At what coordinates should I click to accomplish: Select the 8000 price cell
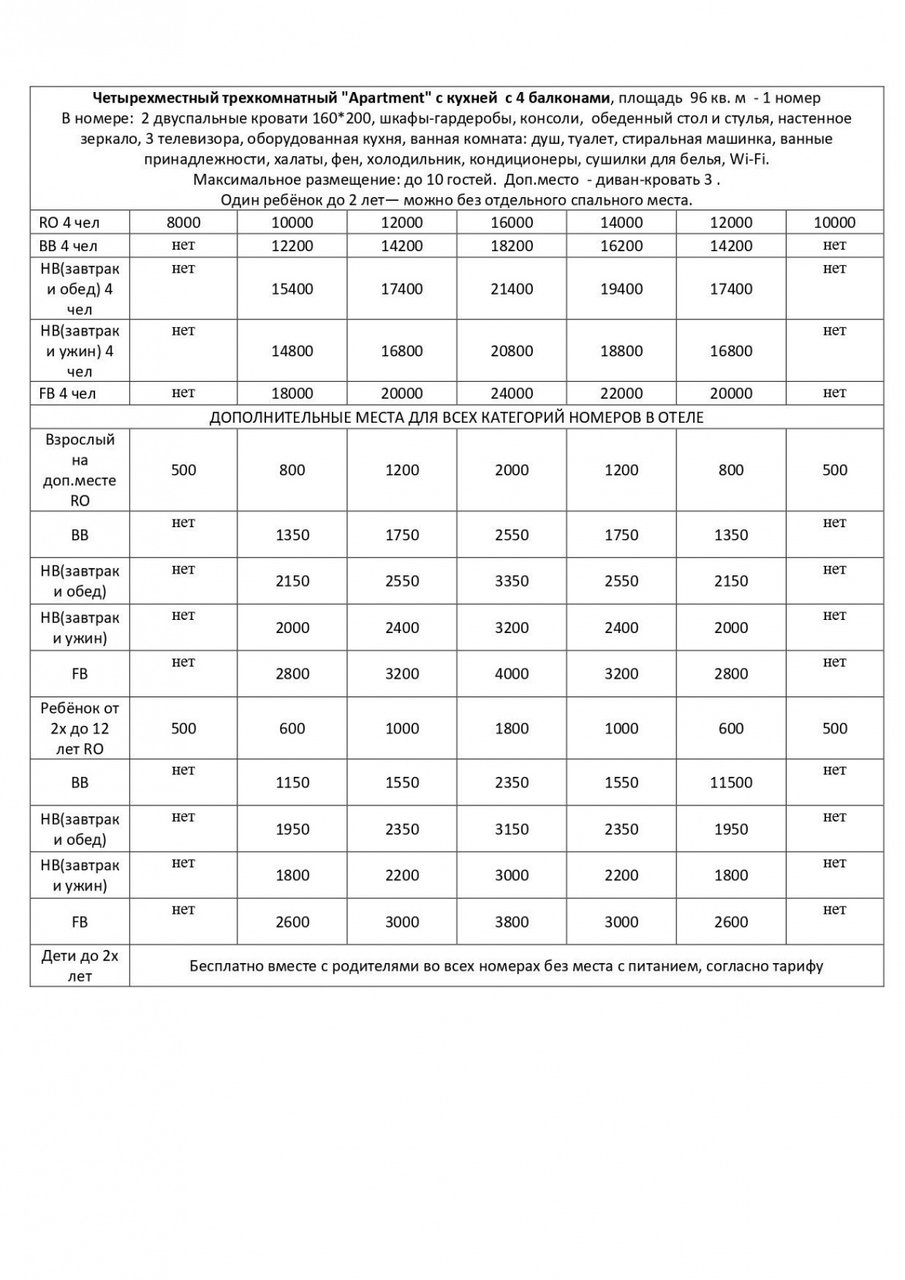click(183, 223)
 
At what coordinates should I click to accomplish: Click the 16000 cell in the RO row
click(511, 223)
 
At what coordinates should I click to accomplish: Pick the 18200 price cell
click(511, 246)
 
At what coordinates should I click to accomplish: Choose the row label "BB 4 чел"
click(69, 246)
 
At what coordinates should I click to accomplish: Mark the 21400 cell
click(511, 289)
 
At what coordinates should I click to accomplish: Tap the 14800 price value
click(292, 351)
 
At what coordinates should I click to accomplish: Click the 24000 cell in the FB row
click(511, 393)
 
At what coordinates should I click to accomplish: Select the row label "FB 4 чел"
click(67, 393)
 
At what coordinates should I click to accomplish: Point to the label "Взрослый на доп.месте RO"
click(80, 470)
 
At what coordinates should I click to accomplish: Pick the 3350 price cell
click(511, 581)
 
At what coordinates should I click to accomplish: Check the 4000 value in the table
click(511, 674)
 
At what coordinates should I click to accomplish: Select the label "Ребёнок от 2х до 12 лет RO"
click(80, 728)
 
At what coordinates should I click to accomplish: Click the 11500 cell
click(731, 783)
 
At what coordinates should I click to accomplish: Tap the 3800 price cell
click(511, 922)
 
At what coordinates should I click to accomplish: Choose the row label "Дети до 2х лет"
click(80, 966)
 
